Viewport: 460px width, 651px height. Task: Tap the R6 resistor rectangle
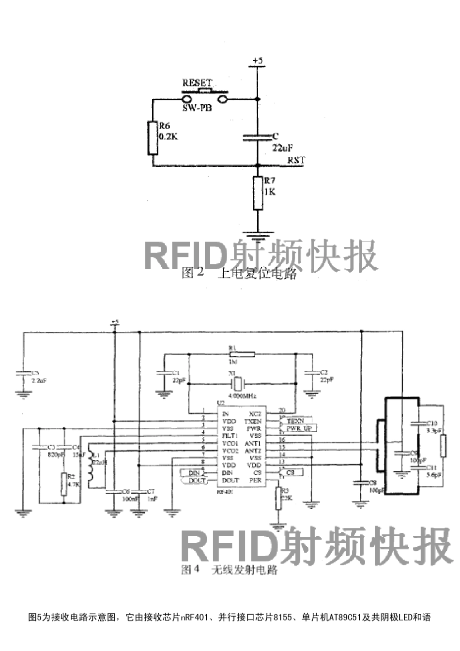click(x=153, y=137)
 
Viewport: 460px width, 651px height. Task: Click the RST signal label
click(x=296, y=160)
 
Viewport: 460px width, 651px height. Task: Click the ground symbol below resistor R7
click(x=258, y=237)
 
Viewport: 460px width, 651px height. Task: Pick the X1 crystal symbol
click(x=238, y=384)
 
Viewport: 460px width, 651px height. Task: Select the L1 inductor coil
click(x=90, y=465)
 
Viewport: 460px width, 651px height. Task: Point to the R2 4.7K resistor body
click(x=63, y=484)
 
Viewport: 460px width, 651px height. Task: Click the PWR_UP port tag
click(x=299, y=428)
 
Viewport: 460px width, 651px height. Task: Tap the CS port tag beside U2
click(x=291, y=472)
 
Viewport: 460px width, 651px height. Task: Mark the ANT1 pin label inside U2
click(x=253, y=443)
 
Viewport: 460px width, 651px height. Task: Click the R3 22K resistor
click(x=278, y=499)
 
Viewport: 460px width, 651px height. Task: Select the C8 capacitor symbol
click(x=360, y=483)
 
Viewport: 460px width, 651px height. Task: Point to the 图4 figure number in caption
click(x=190, y=569)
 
